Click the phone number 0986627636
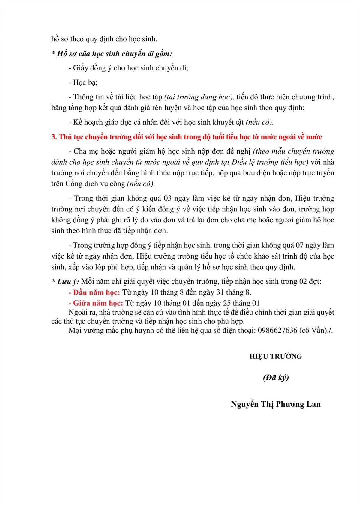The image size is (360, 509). point(277,330)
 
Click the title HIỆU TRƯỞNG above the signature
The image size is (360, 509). point(275,356)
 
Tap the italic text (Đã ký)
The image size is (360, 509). point(276,378)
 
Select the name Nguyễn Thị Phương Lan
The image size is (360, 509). point(276,404)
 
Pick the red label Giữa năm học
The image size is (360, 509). point(98,303)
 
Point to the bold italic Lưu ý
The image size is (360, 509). point(68,282)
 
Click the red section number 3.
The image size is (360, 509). point(54,137)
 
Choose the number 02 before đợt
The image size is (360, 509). point(303,282)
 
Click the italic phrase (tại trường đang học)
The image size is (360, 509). point(199,97)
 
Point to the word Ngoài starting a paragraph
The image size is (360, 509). point(78,312)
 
